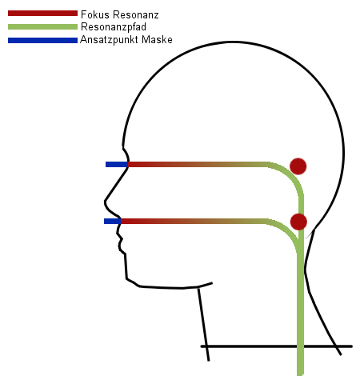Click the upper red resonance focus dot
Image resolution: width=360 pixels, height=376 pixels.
coord(298,166)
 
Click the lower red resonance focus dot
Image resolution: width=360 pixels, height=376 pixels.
coord(298,222)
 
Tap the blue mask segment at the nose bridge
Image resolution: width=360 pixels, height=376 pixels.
coord(117,164)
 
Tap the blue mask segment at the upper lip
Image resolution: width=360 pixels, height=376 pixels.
coord(112,221)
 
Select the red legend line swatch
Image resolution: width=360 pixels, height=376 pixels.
coord(42,14)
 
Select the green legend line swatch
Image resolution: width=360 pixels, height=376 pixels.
coord(42,26)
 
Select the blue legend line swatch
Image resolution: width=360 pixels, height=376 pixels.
coord(42,40)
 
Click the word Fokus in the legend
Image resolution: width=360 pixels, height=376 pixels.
coord(95,14)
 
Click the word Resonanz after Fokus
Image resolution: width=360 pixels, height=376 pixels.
coord(136,14)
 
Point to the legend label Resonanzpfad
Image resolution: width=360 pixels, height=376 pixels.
coord(114,27)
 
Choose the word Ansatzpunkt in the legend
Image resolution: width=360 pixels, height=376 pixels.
coord(109,40)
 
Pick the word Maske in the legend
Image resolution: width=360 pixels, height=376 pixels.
coord(157,40)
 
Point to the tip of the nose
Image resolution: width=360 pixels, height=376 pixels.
coord(105,202)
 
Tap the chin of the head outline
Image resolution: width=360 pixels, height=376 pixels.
coord(127,278)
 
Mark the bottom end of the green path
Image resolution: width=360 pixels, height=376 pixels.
coord(300,374)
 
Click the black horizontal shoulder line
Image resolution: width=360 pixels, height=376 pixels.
coord(277,346)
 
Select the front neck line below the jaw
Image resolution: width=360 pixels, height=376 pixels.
coord(203,325)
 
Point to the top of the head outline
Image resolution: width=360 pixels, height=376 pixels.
coord(234,42)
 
